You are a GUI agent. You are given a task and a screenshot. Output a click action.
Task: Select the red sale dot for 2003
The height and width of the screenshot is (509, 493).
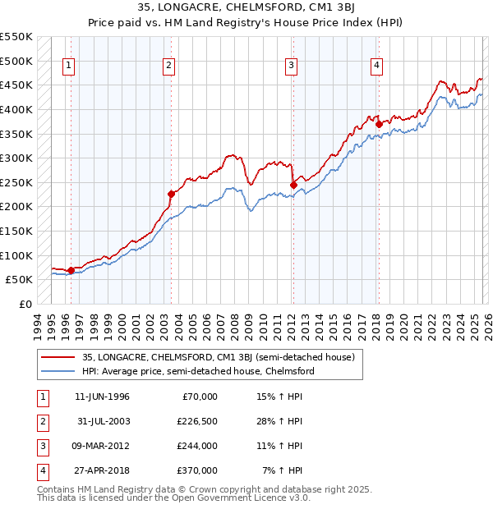pos(172,195)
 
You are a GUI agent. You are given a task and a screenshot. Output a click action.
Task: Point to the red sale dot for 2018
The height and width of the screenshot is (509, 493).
pos(379,125)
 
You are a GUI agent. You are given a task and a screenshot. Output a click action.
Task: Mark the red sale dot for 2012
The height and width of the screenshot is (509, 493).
pos(293,186)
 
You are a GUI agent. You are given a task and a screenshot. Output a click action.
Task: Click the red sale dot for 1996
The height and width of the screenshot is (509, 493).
pos(71,270)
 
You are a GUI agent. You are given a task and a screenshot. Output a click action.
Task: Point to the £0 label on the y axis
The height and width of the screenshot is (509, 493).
pos(25,304)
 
